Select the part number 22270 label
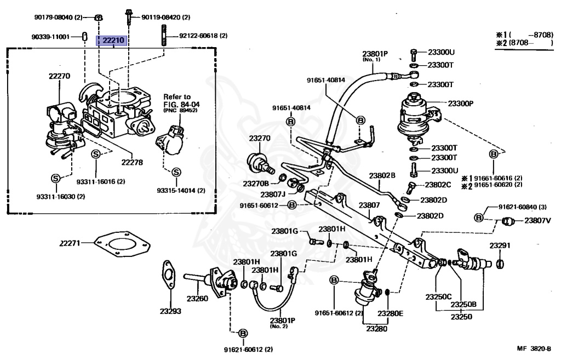pos(59,76)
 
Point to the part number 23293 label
pos(170,311)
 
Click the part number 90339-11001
pos(50,37)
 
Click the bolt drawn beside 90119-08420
pos(129,17)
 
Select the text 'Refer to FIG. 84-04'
pos(181,101)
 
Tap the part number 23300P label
pos(461,104)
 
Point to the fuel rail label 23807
pos(369,205)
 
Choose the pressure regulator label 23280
pos(377,328)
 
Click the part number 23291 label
pos(500,245)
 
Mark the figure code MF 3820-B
pos(534,348)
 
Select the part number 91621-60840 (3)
pos(523,207)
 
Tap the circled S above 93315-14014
pos(176,172)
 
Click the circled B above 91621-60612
pos(242,334)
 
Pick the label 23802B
pos(382,175)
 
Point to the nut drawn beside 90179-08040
pos(99,17)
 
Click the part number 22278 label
pos(132,162)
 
